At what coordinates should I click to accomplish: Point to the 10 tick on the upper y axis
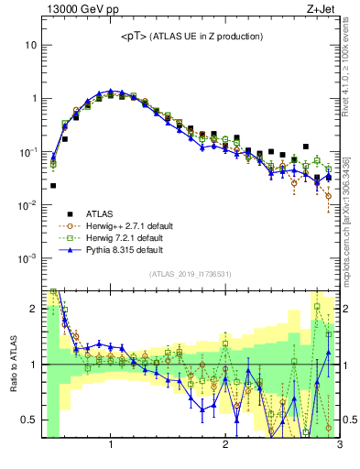pyautogui.click(x=32, y=45)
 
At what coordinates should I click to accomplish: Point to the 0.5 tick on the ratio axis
pyautogui.click(x=29, y=420)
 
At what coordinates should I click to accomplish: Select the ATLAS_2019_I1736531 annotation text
pyautogui.click(x=191, y=274)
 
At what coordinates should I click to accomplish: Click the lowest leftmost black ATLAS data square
pyautogui.click(x=53, y=185)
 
